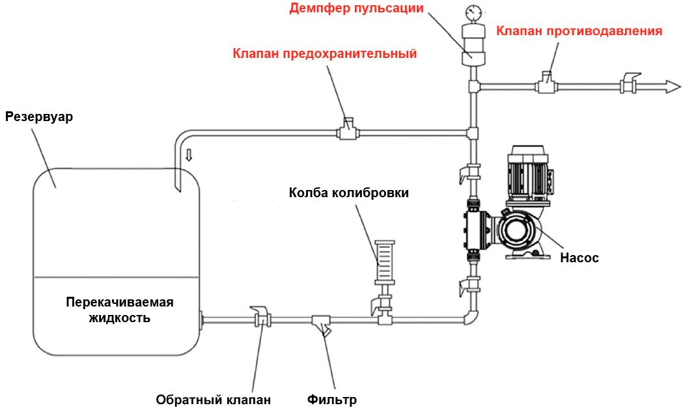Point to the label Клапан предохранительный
click(324, 53)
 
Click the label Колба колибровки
click(350, 193)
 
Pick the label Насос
click(579, 258)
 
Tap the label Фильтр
click(332, 399)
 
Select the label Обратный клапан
click(213, 399)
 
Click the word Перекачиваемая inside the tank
click(120, 303)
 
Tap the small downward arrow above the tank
click(189, 155)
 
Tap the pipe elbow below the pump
click(471, 317)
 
